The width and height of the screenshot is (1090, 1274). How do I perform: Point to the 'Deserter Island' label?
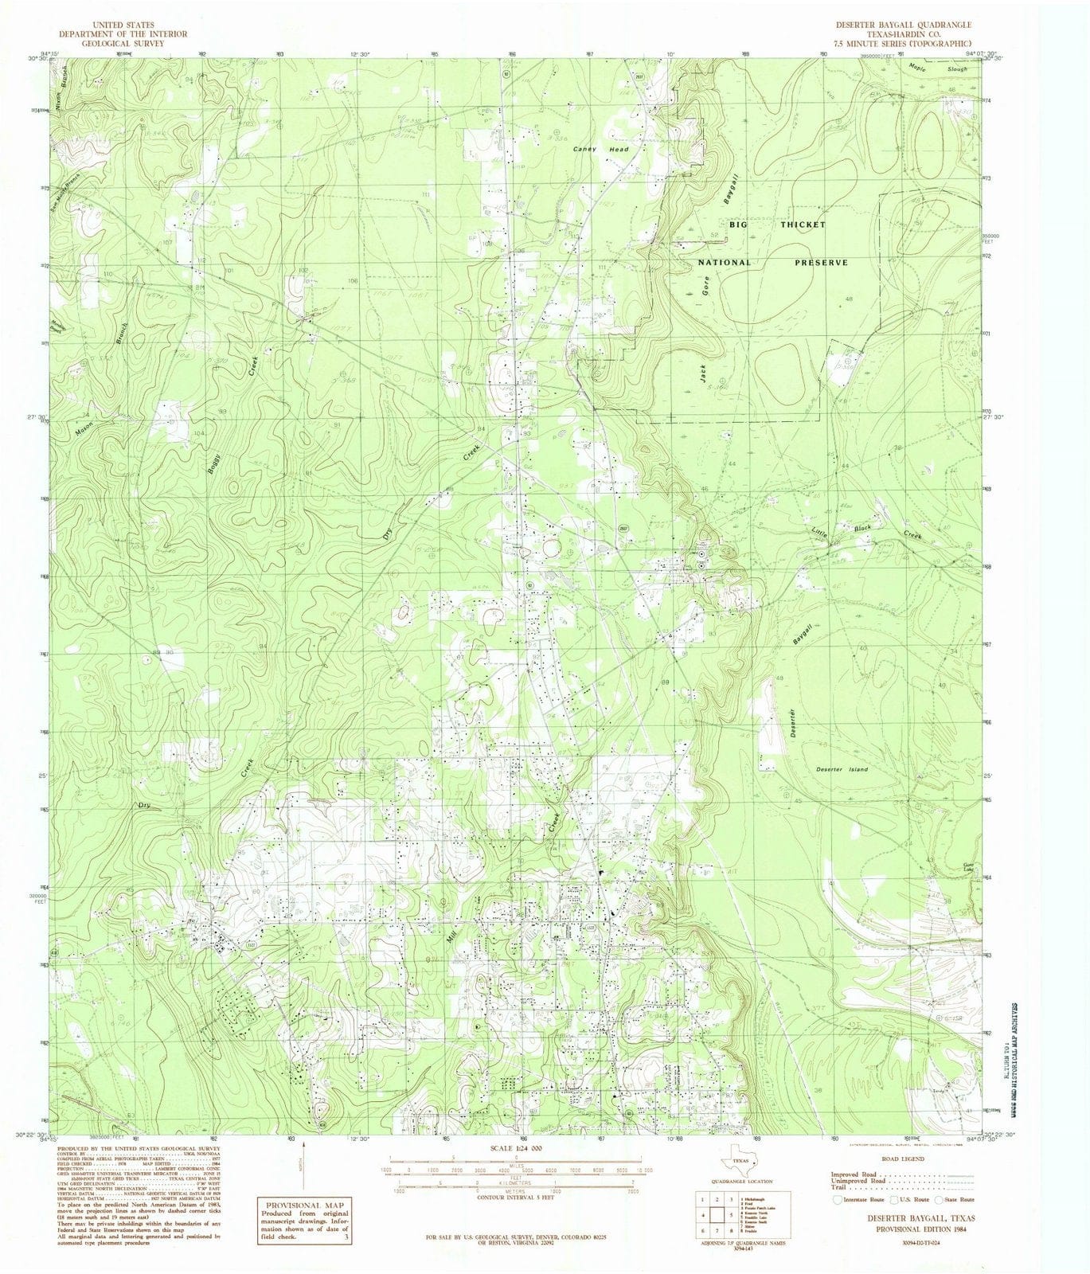click(x=842, y=770)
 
